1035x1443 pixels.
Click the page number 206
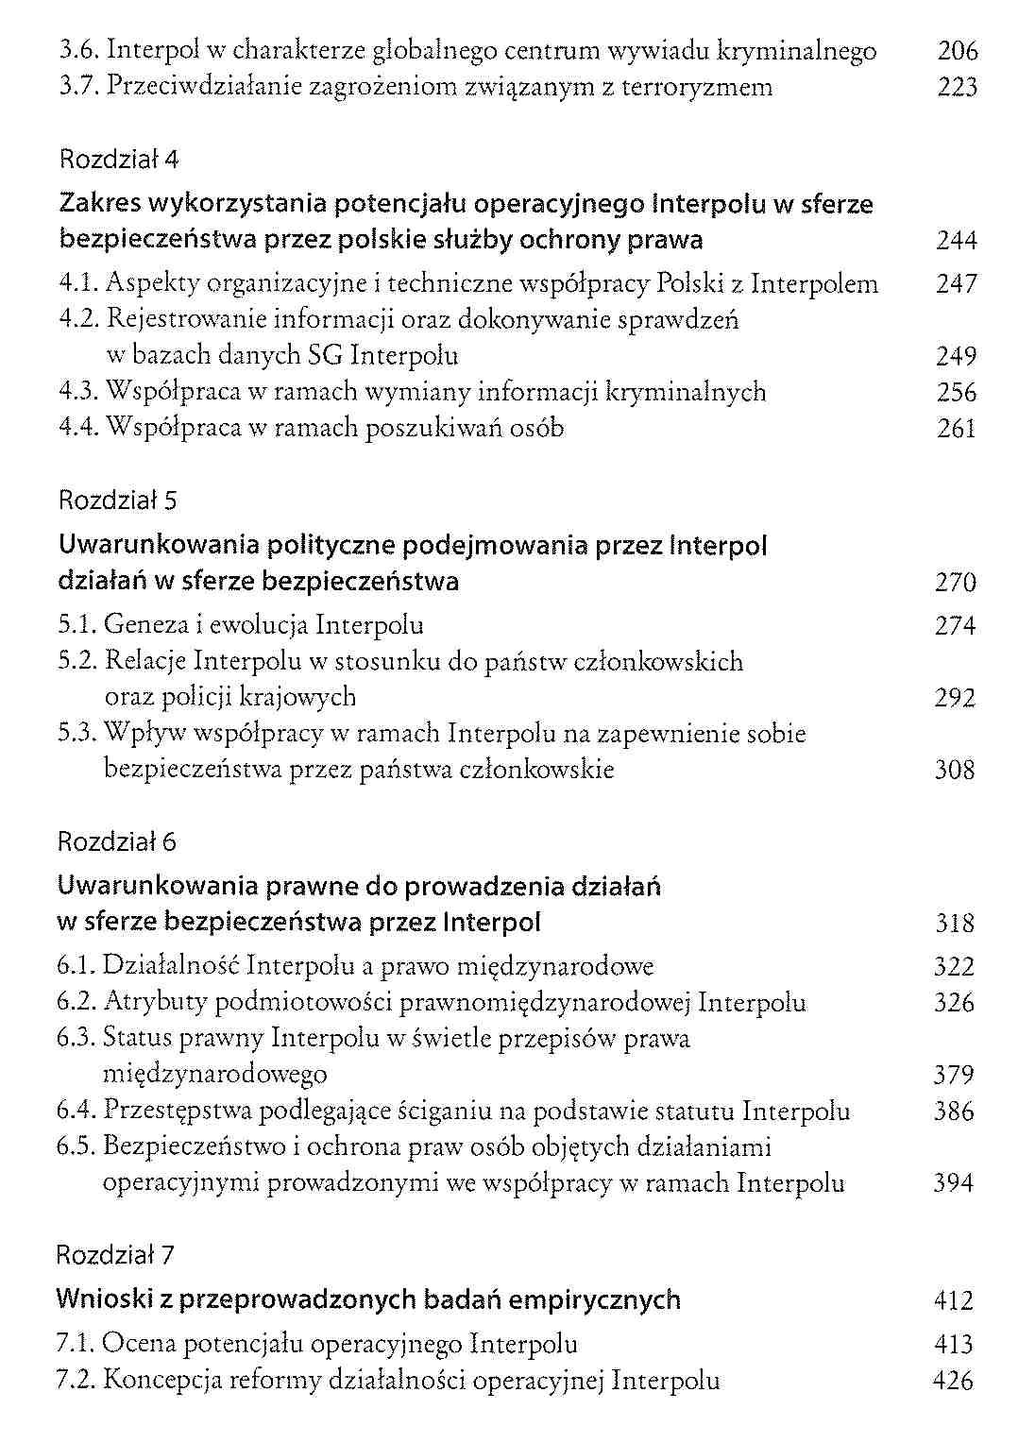coord(957,51)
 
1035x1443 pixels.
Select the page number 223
coord(957,88)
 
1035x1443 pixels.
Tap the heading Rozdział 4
coord(118,159)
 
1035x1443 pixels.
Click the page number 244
coord(956,241)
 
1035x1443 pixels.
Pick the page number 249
coord(956,357)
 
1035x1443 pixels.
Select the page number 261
coord(956,429)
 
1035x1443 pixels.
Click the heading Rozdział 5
coord(118,500)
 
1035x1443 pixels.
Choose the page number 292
coord(955,699)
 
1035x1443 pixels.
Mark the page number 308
coord(955,771)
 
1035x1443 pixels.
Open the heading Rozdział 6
coord(117,841)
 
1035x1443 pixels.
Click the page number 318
coord(954,923)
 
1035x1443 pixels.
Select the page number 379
coord(954,1075)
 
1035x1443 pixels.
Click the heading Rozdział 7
coord(116,1255)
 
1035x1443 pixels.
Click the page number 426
coord(952,1381)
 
